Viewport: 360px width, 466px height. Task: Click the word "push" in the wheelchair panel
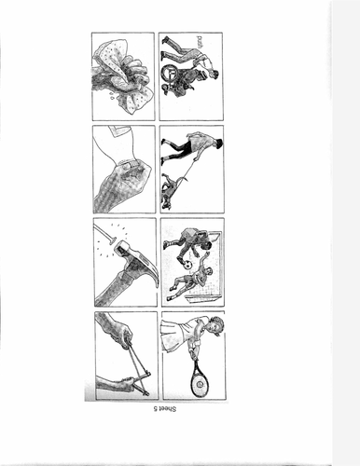tap(200, 42)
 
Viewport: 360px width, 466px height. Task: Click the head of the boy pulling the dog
tap(218, 143)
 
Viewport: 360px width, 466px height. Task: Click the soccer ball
tap(187, 266)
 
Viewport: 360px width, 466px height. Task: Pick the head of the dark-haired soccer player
tap(205, 246)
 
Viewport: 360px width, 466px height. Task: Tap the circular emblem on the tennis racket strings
tap(199, 384)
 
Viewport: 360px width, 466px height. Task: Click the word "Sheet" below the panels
tap(168, 409)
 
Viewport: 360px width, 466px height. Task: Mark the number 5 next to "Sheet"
tap(155, 409)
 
